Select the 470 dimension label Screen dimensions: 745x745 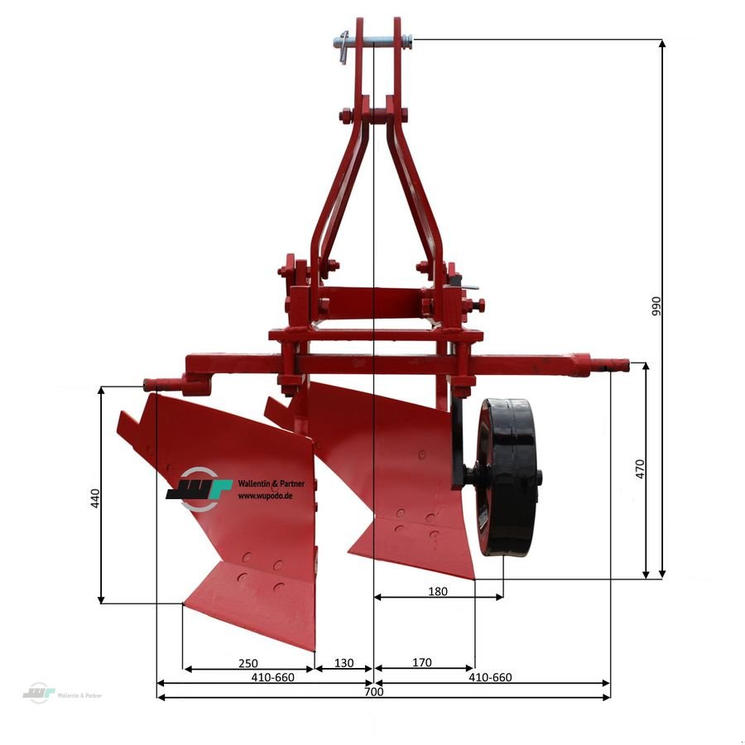(x=640, y=469)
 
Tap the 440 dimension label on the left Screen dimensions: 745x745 (x=94, y=497)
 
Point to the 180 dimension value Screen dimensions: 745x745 (x=438, y=591)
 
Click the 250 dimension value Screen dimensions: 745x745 (x=248, y=663)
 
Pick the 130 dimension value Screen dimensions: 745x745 (x=344, y=663)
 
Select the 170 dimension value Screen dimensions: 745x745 (x=421, y=663)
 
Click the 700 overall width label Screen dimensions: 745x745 (x=373, y=692)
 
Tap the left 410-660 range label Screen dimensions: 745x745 (x=273, y=677)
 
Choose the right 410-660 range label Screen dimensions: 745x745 (x=490, y=677)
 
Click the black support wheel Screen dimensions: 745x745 (x=507, y=478)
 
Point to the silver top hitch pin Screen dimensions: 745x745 (x=371, y=41)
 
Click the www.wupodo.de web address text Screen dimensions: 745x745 (x=270, y=496)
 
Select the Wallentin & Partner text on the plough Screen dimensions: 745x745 (x=271, y=484)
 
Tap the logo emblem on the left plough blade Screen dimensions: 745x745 (x=199, y=485)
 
